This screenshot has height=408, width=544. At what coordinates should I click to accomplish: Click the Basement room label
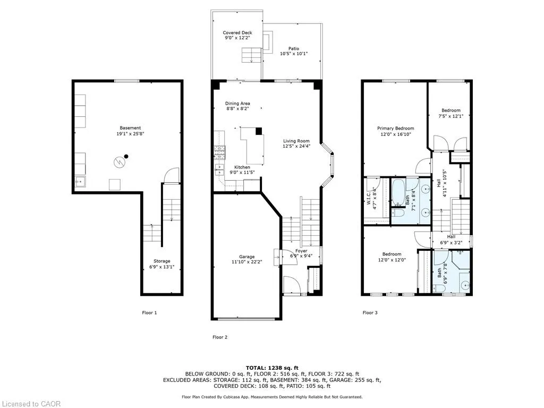click(x=130, y=128)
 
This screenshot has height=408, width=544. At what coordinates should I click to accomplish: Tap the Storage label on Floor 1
click(x=162, y=261)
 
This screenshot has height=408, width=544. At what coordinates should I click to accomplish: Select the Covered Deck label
click(x=237, y=32)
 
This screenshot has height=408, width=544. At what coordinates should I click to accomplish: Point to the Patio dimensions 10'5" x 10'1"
click(x=294, y=54)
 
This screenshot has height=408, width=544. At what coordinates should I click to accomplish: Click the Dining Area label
click(x=237, y=104)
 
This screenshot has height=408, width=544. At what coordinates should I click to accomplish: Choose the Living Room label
click(x=296, y=141)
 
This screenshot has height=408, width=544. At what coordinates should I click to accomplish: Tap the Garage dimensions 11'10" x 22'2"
click(x=246, y=262)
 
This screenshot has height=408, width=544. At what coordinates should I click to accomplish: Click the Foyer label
click(x=301, y=251)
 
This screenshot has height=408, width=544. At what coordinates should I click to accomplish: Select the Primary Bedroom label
click(x=395, y=129)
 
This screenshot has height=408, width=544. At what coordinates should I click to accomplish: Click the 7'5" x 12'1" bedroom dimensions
click(x=451, y=116)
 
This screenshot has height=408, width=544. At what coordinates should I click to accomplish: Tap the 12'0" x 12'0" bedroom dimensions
click(x=392, y=259)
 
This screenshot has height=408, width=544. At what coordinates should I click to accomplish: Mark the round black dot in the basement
click(x=126, y=157)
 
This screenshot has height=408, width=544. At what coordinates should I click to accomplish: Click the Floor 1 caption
click(x=149, y=312)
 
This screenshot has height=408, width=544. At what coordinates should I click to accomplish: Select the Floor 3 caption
click(x=370, y=312)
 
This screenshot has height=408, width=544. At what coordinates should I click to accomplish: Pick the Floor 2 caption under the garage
click(x=220, y=337)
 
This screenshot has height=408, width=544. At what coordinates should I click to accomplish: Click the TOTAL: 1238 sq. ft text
click(x=272, y=368)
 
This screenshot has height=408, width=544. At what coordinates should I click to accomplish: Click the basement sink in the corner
click(x=80, y=182)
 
